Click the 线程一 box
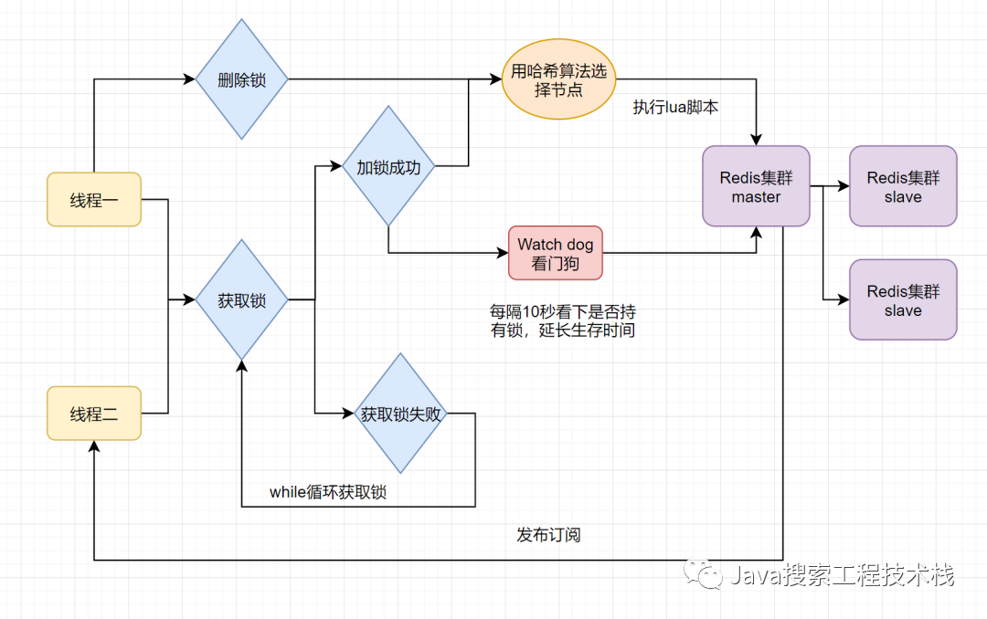[94, 199]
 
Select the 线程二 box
[94, 414]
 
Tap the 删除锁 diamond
[241, 79]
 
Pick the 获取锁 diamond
[241, 299]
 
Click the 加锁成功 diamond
[388, 167]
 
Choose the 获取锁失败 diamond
[400, 414]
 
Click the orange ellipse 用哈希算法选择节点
[559, 80]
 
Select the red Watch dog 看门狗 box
[556, 253]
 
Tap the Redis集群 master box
[756, 185]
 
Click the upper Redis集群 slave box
[903, 185]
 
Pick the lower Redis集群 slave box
[903, 299]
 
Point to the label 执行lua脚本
[675, 107]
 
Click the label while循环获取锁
[328, 492]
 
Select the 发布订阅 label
[548, 534]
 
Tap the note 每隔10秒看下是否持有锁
[563, 321]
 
